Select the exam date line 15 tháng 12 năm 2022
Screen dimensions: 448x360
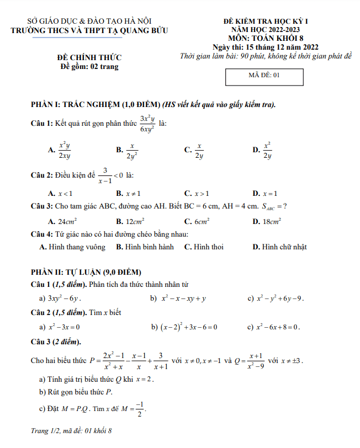coord(264,47)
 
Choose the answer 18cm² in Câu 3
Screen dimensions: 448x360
coord(272,221)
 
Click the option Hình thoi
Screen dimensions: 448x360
coord(208,247)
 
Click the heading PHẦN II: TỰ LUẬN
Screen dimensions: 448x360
coord(87,273)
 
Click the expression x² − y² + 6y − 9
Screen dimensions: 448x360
coord(280,299)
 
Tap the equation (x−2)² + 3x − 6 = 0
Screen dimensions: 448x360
coord(188,327)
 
